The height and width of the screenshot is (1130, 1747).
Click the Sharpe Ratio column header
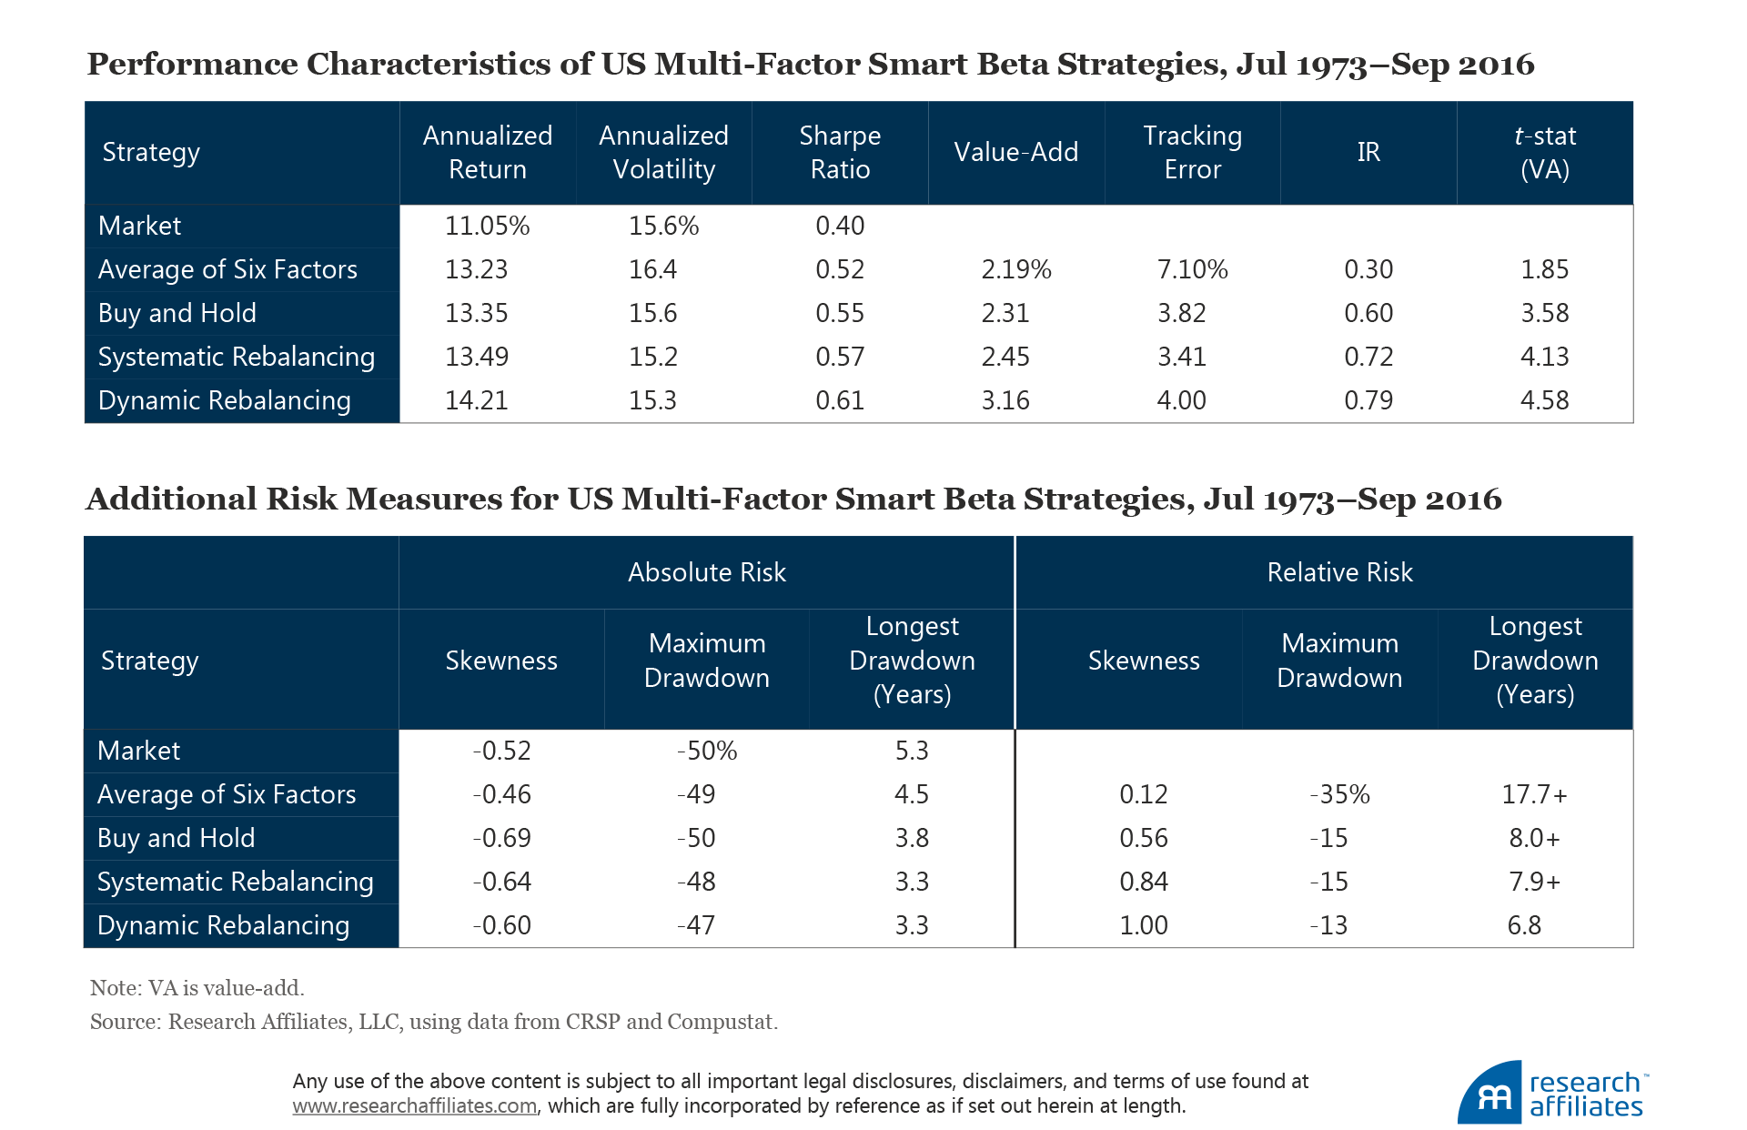tap(840, 153)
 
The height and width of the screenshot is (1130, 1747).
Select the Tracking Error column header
tap(1192, 153)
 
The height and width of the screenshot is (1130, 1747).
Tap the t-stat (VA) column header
tap(1544, 153)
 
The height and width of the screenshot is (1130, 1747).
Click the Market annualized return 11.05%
tap(487, 226)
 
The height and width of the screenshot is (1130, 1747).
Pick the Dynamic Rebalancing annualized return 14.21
tap(476, 400)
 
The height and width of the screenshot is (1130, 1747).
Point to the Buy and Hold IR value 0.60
tap(1368, 313)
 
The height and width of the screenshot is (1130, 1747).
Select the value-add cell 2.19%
tap(1015, 269)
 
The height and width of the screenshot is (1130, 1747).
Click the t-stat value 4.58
tap(1544, 400)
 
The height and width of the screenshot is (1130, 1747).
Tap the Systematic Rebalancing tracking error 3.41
tap(1181, 357)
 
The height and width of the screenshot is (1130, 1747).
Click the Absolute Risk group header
tap(707, 572)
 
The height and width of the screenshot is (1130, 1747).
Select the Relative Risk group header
tap(1339, 572)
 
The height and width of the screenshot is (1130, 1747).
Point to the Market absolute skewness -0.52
tap(501, 751)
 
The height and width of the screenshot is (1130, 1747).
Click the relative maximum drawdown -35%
tap(1339, 794)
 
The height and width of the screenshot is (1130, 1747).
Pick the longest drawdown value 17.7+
tap(1534, 794)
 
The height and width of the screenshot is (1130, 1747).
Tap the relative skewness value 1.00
tap(1144, 925)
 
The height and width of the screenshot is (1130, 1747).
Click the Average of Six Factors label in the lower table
tap(227, 794)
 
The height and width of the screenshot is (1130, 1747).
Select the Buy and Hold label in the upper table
tap(177, 313)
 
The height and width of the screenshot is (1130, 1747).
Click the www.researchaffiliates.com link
tap(415, 1106)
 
